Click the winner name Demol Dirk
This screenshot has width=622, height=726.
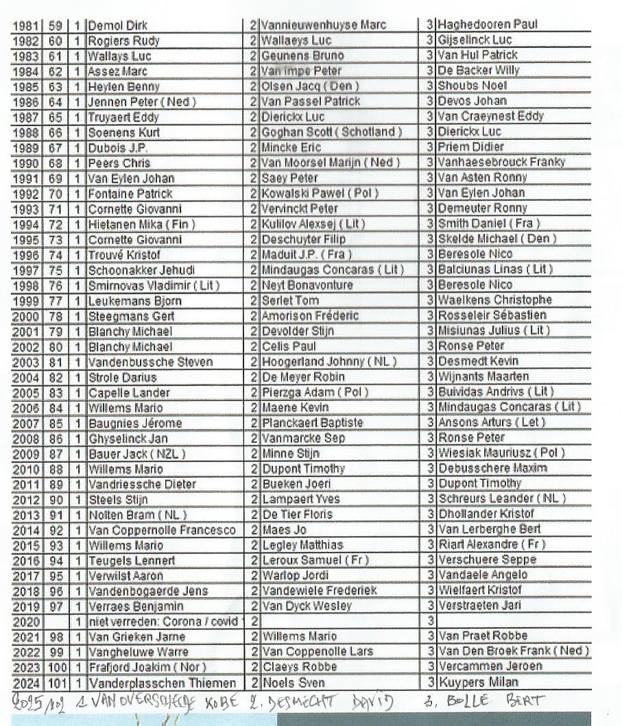pos(118,26)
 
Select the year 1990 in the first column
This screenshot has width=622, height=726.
pos(25,163)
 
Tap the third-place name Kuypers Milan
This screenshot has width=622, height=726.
pos(478,682)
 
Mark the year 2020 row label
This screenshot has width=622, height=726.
pos(25,622)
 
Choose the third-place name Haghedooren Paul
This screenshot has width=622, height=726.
pos(488,25)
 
